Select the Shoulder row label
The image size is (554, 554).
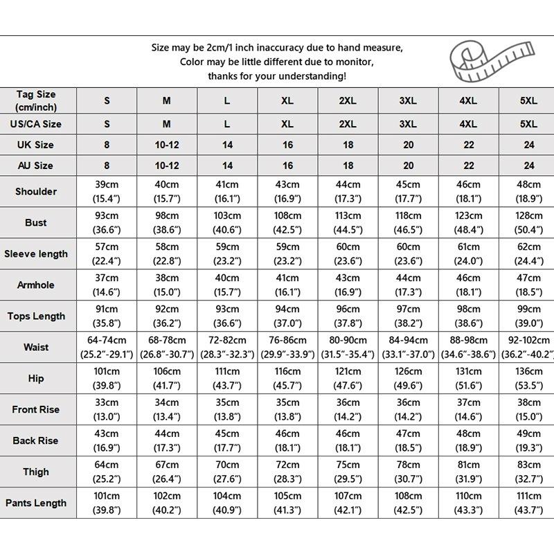[36, 191]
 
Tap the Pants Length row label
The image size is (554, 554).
[36, 503]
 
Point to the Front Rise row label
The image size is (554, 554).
[36, 409]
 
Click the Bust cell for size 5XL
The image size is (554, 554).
[528, 222]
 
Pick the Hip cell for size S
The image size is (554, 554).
[107, 378]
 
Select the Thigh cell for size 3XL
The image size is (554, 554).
[408, 472]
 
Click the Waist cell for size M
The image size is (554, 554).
[167, 347]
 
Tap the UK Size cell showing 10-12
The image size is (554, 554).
[167, 145]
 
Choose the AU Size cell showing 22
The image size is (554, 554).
[468, 166]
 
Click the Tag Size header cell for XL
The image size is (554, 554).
[287, 100]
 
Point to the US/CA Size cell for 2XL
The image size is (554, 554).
[348, 124]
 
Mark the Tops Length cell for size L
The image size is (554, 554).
[227, 316]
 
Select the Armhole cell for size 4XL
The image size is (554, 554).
[468, 285]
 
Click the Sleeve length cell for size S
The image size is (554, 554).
[107, 253]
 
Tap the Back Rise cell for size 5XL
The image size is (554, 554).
[528, 440]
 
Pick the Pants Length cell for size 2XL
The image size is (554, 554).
[348, 503]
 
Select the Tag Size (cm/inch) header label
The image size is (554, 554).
[36, 100]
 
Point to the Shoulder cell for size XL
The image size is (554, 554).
[287, 191]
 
